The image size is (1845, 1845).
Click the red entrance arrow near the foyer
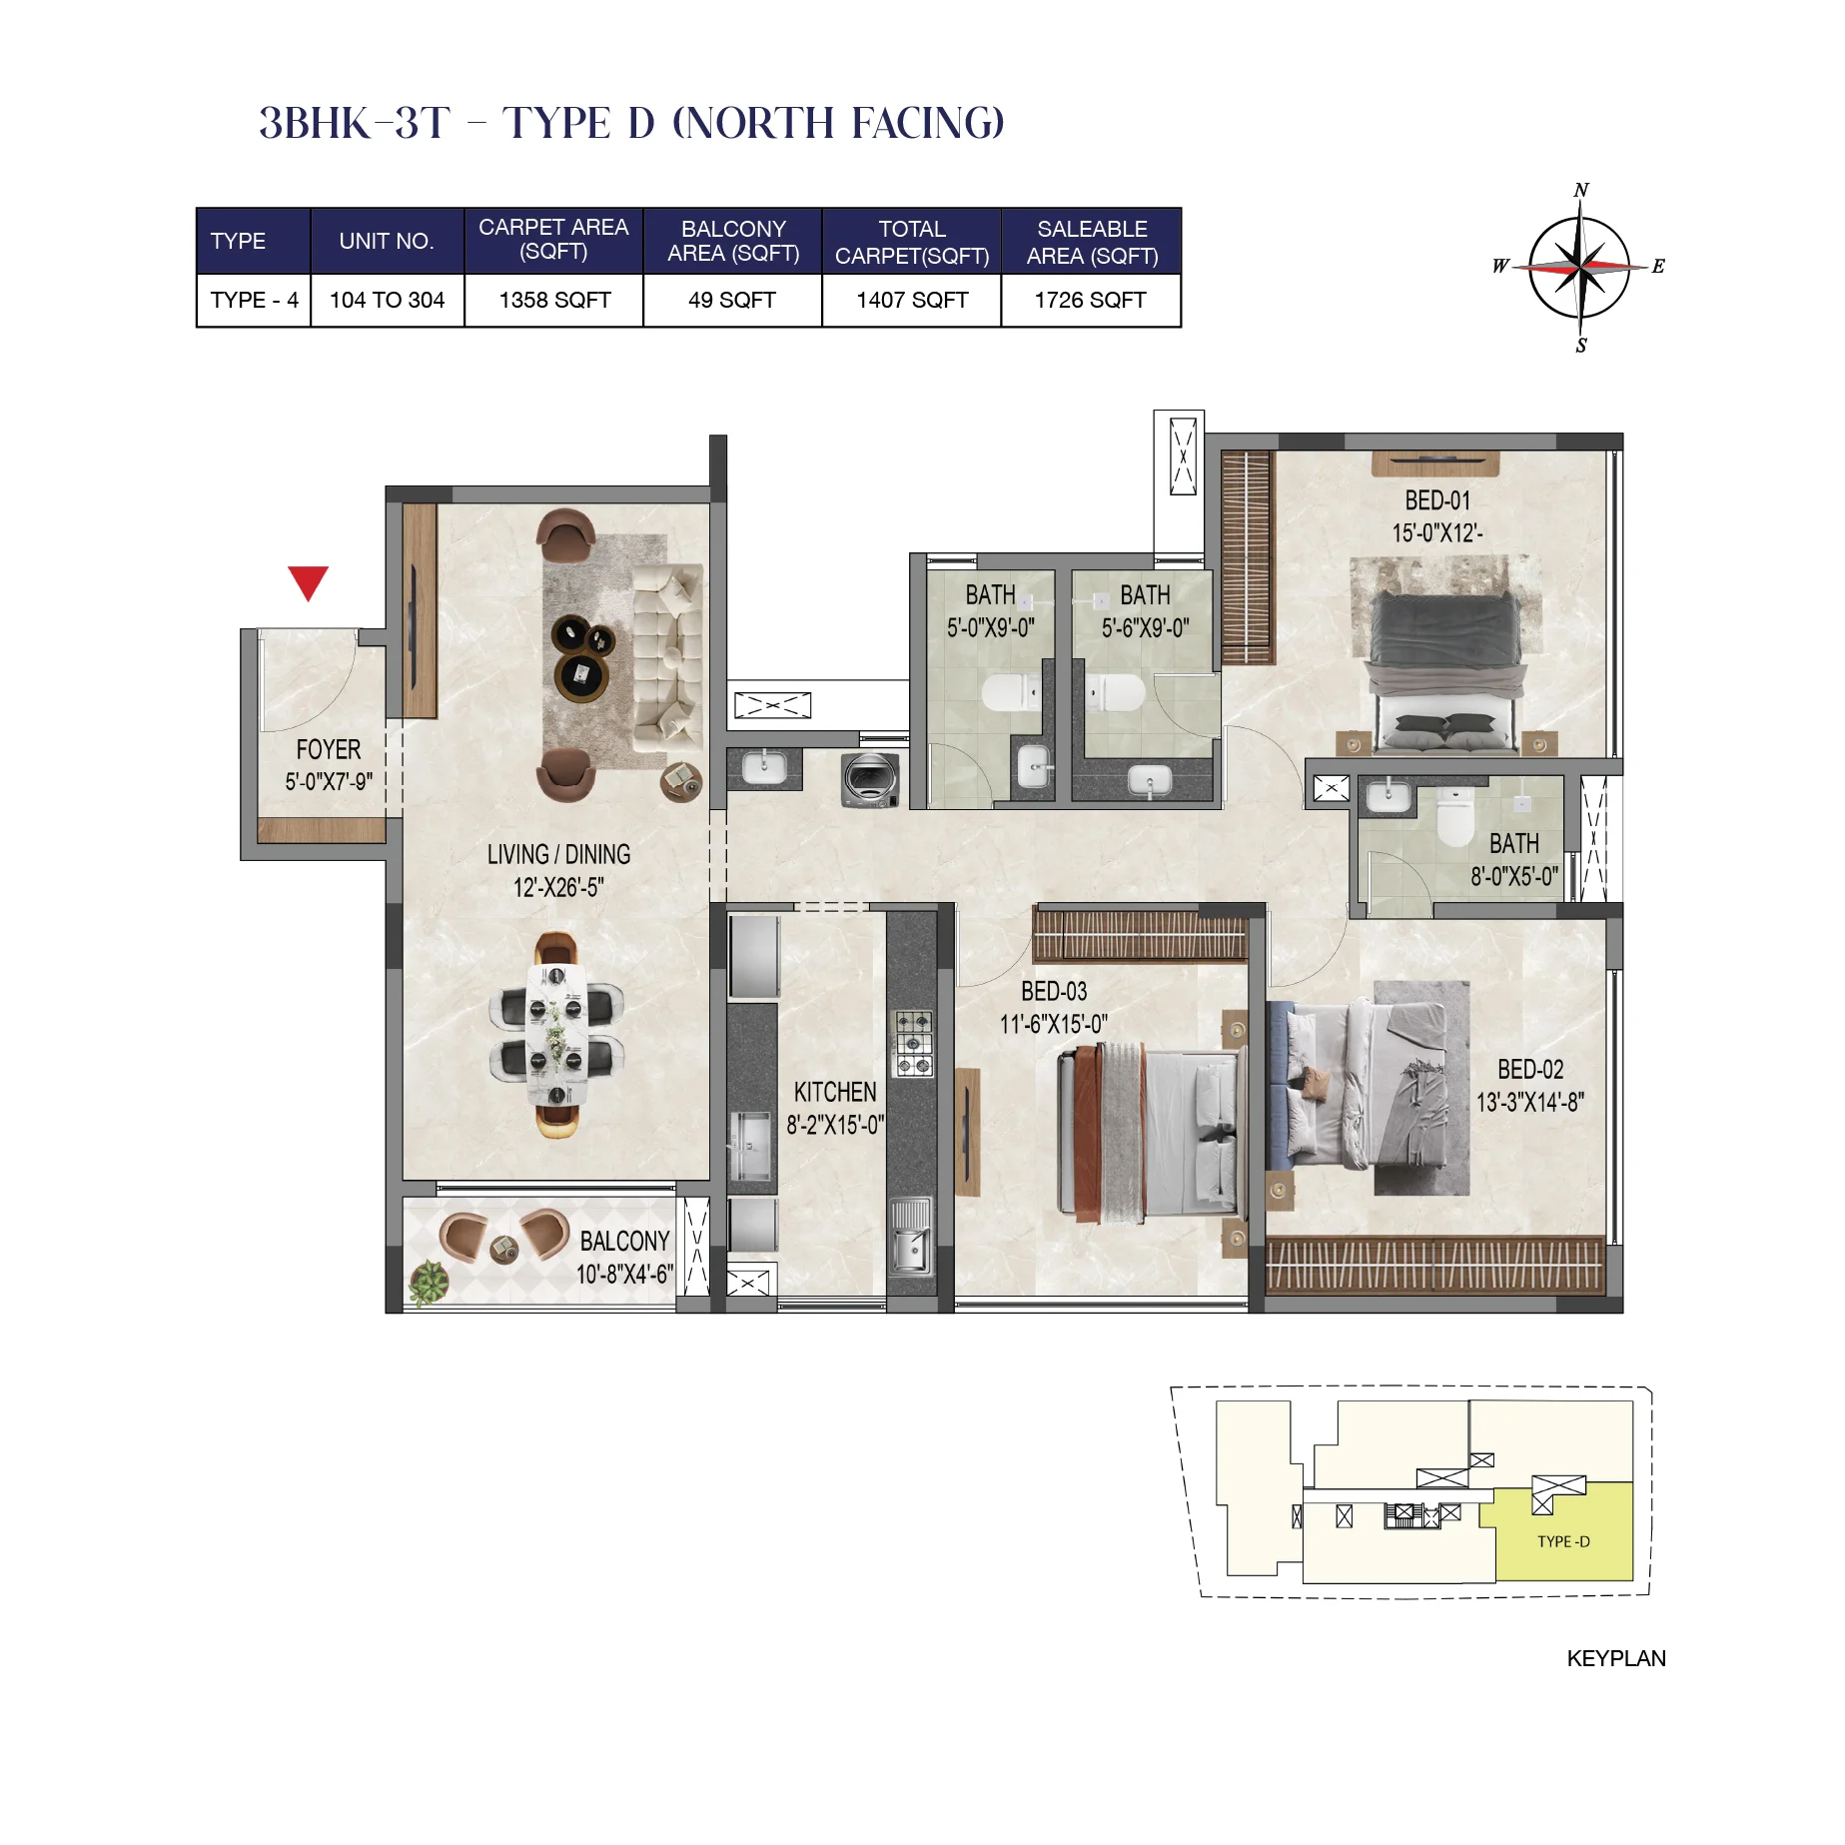coord(308,581)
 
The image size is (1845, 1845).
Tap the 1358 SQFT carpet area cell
coord(554,300)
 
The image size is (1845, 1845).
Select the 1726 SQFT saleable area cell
coord(1090,300)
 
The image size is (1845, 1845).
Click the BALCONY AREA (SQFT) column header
coord(732,241)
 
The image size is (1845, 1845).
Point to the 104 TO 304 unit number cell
coord(387,300)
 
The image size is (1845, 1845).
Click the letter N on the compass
coord(1580,190)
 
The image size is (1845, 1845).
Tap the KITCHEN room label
coord(834,1092)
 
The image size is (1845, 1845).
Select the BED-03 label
coord(1053,991)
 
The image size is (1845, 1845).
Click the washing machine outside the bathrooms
coord(870,779)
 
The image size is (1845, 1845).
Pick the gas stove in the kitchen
coord(912,1043)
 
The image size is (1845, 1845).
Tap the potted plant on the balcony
coord(429,1282)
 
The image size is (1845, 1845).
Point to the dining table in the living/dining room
coord(556,1035)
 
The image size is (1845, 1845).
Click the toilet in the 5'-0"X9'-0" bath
coord(1010,691)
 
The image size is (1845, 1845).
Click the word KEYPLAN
coord(1615,1658)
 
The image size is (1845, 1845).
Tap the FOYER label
coord(328,749)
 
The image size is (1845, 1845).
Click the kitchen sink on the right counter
coord(910,1239)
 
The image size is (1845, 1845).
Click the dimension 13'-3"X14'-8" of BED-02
coord(1529,1102)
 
